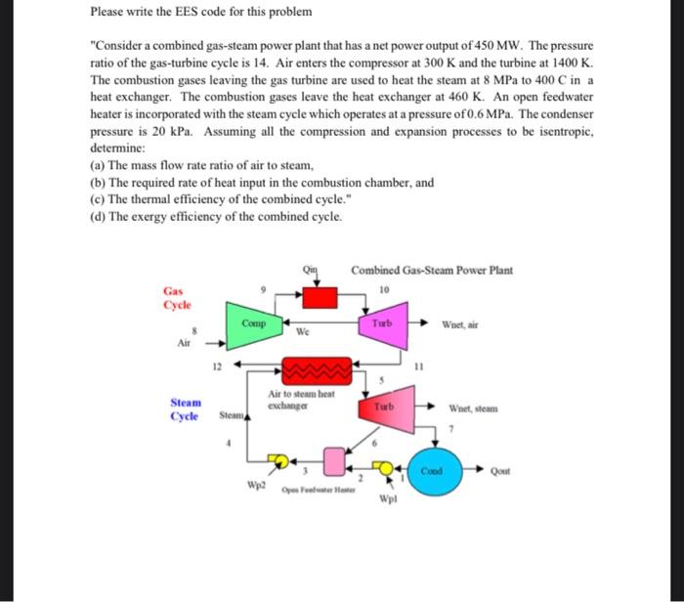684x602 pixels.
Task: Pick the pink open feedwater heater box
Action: tap(335, 458)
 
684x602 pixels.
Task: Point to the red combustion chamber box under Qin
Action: tap(316, 296)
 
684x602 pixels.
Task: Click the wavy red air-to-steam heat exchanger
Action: tap(315, 372)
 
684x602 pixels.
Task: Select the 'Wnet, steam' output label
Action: tap(473, 408)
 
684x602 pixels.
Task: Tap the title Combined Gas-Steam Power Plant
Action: tap(432, 270)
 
